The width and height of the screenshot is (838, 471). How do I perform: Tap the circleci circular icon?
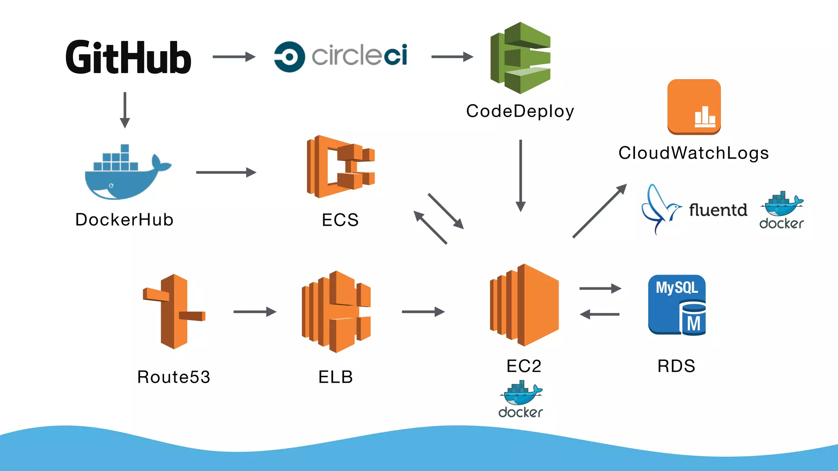[x=289, y=56]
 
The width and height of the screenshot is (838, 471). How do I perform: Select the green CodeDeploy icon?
[x=520, y=58]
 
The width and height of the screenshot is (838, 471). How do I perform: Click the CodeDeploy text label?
[x=520, y=111]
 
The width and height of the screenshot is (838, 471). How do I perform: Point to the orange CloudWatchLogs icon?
[x=694, y=107]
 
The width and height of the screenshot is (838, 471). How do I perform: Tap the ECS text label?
[x=340, y=220]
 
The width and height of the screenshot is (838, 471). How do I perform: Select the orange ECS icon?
[x=340, y=167]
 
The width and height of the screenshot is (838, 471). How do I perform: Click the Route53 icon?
[x=174, y=312]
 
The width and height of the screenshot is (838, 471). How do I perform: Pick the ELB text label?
[x=336, y=377]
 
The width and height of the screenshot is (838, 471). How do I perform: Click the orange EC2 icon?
[x=524, y=305]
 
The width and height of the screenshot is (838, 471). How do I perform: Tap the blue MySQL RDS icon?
[x=677, y=305]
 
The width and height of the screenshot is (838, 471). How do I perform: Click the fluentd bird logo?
[x=660, y=209]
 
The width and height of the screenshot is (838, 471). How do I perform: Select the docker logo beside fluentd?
[x=782, y=210]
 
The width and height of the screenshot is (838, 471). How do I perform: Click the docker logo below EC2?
[x=520, y=399]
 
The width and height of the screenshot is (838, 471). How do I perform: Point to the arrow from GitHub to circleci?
[x=234, y=56]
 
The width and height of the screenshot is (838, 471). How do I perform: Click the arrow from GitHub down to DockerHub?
[x=125, y=110]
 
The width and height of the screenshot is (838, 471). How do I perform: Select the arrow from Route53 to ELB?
[x=255, y=312]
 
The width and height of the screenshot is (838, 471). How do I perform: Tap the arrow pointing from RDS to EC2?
[x=600, y=314]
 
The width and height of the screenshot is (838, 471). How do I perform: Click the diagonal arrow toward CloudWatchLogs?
[x=599, y=211]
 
